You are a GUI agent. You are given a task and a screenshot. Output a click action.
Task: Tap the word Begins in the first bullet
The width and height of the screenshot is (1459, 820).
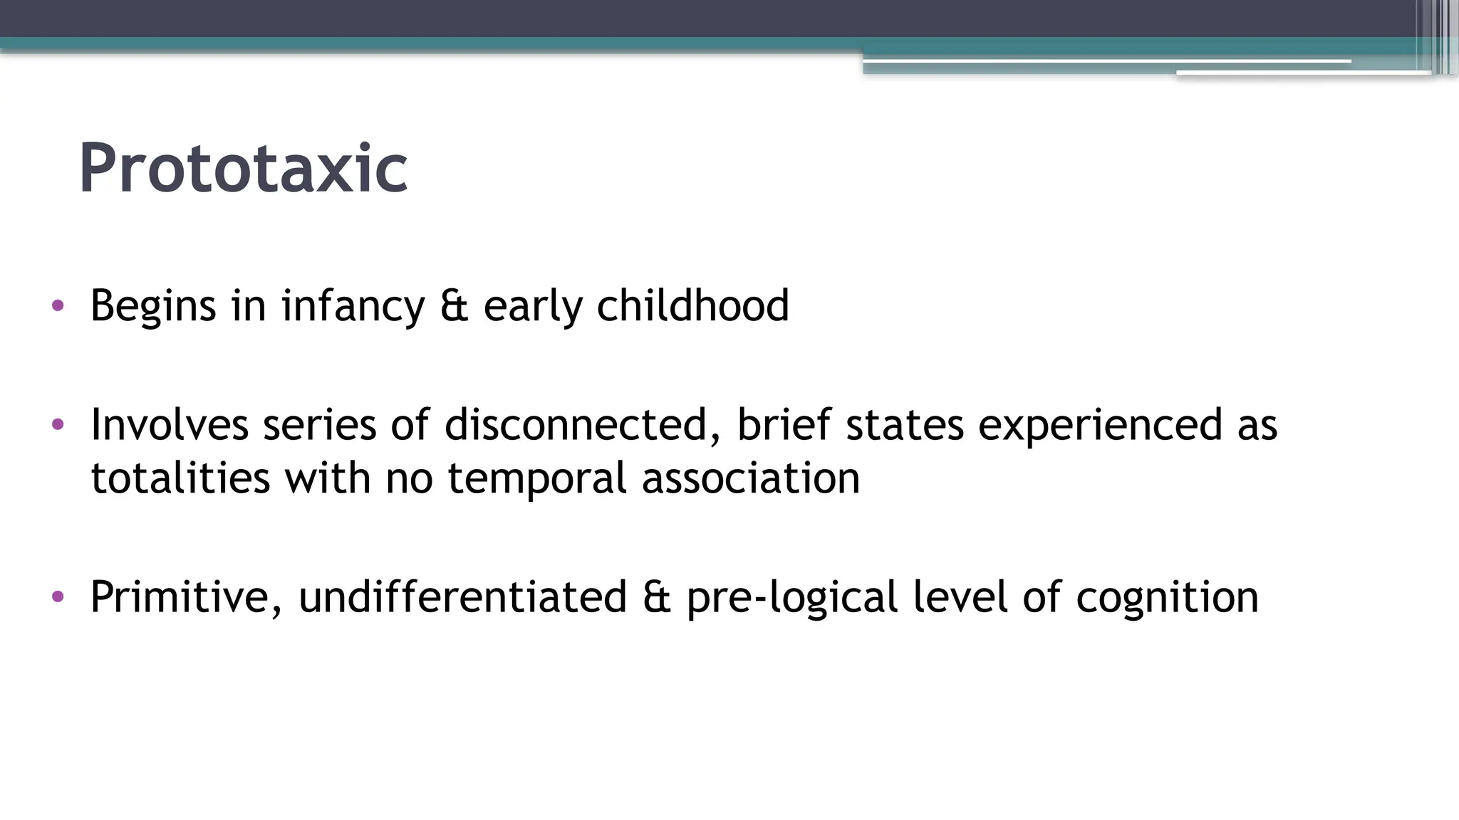click(x=153, y=306)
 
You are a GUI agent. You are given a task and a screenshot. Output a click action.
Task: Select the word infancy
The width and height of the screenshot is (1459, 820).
click(x=353, y=306)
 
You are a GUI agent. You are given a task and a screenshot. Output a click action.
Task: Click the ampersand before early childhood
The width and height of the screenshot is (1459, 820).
click(x=454, y=306)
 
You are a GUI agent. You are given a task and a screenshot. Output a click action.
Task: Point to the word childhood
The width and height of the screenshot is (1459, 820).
click(x=692, y=306)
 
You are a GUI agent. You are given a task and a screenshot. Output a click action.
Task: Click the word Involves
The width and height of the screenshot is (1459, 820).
click(x=170, y=425)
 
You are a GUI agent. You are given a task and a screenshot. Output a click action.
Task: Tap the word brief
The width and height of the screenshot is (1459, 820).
click(x=783, y=425)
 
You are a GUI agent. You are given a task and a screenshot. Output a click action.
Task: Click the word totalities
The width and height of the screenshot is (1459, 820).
click(x=180, y=478)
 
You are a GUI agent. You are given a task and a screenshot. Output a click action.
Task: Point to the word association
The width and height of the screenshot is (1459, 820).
click(x=751, y=478)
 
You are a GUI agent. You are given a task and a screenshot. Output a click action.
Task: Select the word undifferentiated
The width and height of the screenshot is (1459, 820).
click(x=462, y=596)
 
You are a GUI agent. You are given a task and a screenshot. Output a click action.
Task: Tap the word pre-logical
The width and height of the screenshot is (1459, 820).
click(x=791, y=596)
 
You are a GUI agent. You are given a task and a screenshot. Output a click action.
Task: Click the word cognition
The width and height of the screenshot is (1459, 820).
click(x=1167, y=596)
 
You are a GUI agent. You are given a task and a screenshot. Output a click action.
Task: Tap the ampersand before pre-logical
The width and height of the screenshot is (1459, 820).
click(x=656, y=596)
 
